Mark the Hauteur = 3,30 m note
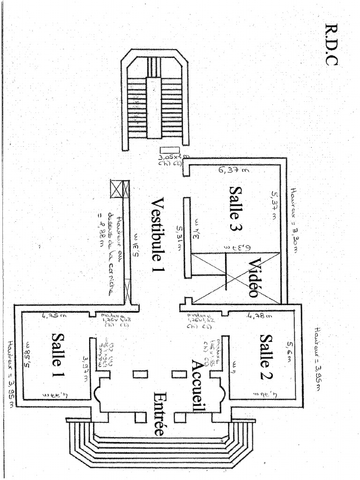coord(295,220)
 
